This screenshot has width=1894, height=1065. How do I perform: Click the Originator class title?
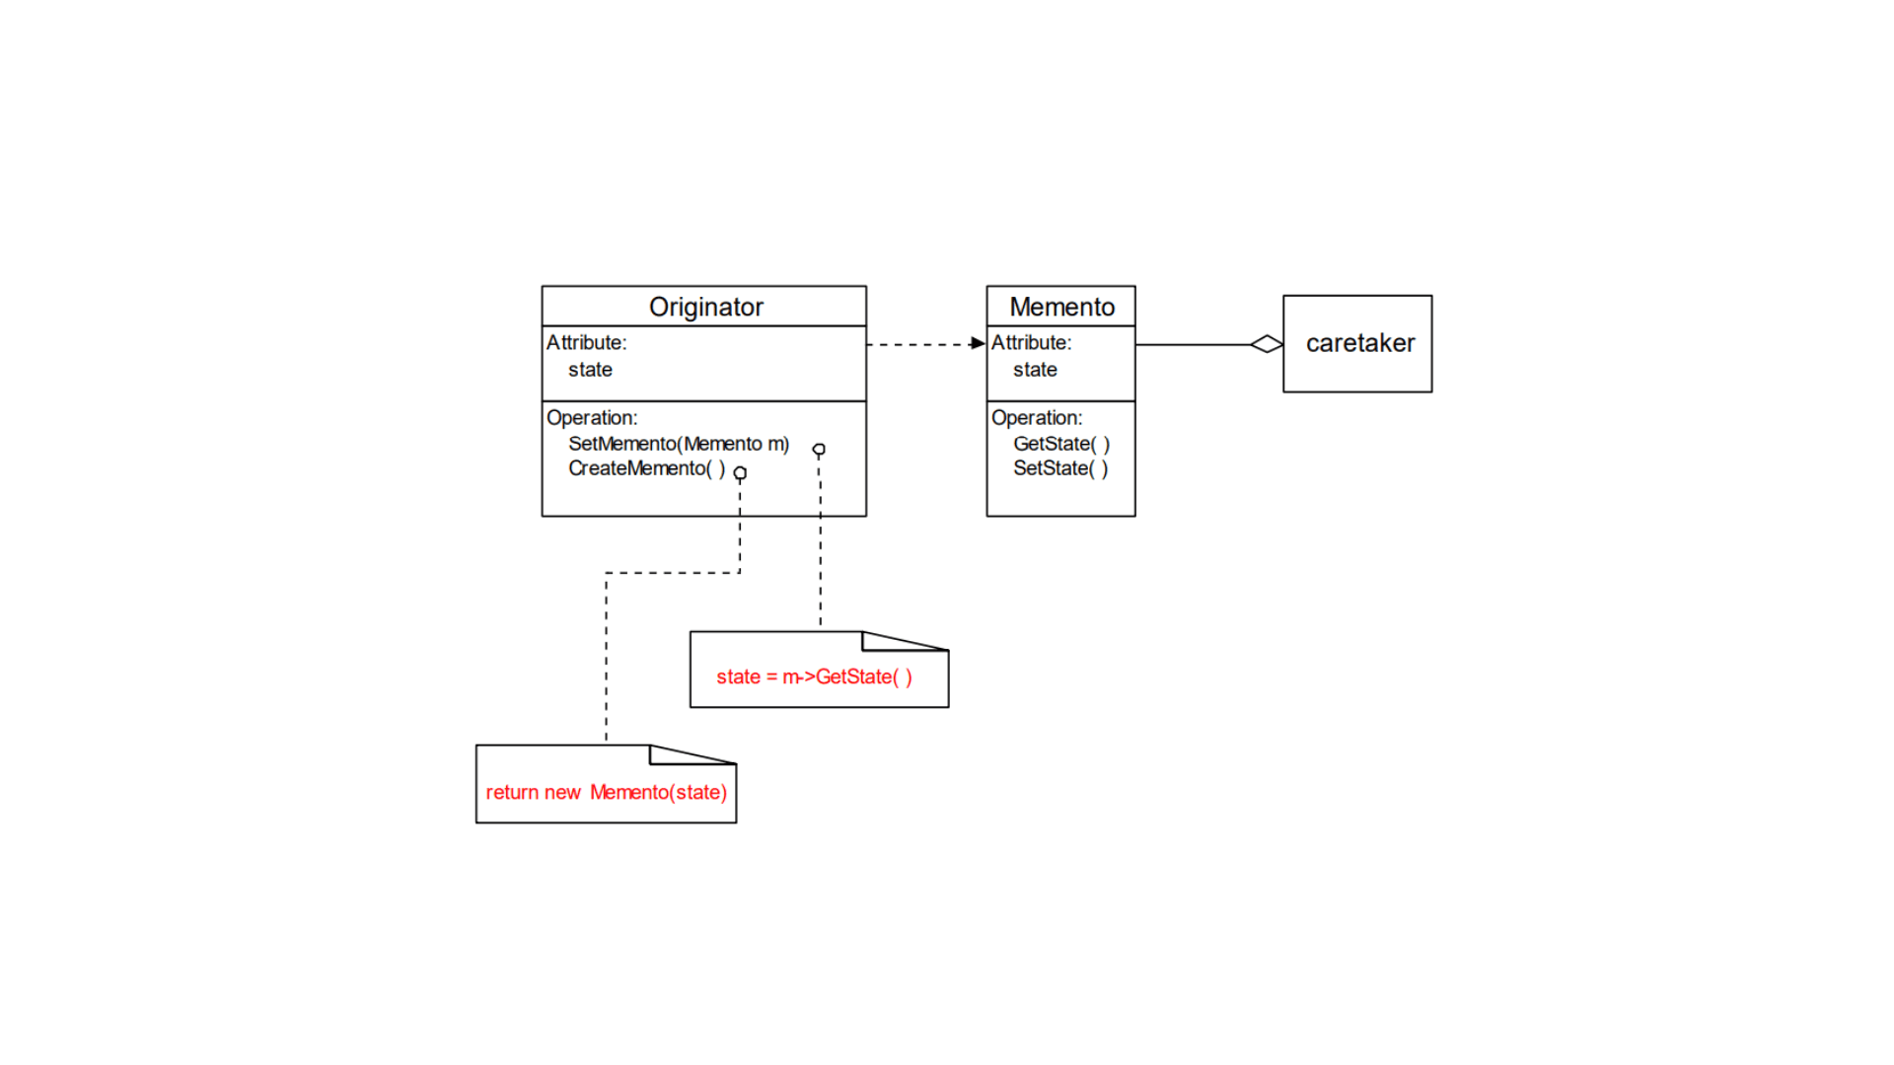(705, 307)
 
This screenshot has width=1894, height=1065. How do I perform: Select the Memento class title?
(1061, 307)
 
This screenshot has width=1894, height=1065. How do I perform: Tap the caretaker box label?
(1359, 343)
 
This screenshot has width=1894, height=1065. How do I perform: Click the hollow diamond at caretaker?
(1266, 344)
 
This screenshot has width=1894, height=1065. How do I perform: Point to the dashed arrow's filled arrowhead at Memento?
(978, 343)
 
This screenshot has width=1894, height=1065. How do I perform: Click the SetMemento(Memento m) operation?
(679, 444)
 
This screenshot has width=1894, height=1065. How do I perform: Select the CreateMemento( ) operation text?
(646, 468)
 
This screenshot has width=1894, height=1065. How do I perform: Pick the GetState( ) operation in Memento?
(1061, 444)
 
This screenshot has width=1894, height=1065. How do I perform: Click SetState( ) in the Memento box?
(1060, 468)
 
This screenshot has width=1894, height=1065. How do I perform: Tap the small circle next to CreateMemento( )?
(740, 473)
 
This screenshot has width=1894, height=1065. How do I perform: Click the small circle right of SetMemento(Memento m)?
(819, 450)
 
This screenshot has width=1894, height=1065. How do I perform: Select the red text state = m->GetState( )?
(814, 676)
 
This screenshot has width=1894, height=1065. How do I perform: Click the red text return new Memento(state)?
(606, 792)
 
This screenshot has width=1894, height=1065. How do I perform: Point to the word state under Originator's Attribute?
(590, 370)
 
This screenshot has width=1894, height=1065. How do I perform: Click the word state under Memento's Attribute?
(1035, 370)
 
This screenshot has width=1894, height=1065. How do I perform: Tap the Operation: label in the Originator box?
(592, 418)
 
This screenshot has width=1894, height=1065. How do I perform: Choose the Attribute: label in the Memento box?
(1031, 342)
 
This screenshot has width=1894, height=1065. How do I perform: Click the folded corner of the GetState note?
(888, 641)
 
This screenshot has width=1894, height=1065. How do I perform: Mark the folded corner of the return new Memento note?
(676, 754)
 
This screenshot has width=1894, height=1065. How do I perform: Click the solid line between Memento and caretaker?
(1194, 344)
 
